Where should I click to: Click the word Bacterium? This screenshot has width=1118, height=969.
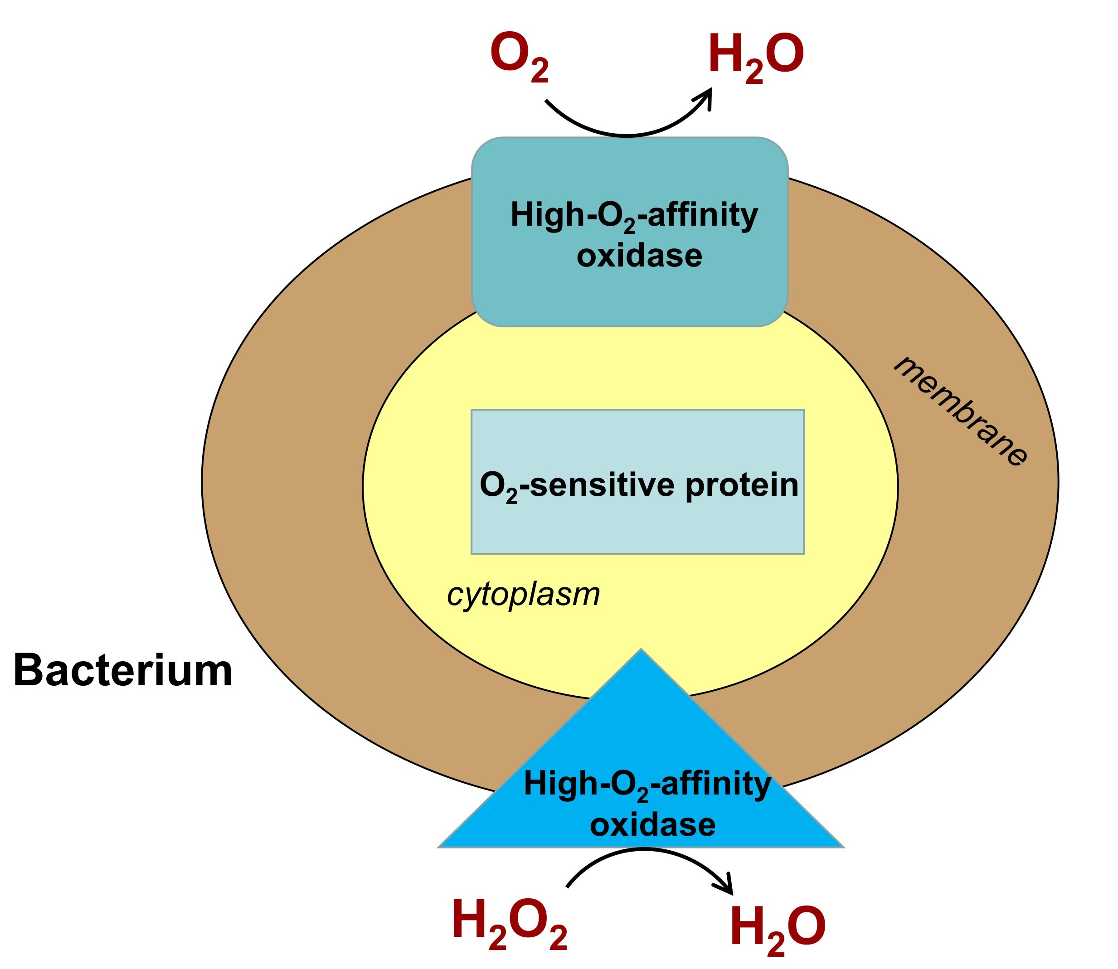point(122,672)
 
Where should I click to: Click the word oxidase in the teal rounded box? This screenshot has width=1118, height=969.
point(639,256)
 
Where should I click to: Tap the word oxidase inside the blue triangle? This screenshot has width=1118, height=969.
point(652,825)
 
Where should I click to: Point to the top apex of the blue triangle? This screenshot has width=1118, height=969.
point(641,650)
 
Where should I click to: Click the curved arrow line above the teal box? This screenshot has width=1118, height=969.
point(627,135)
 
